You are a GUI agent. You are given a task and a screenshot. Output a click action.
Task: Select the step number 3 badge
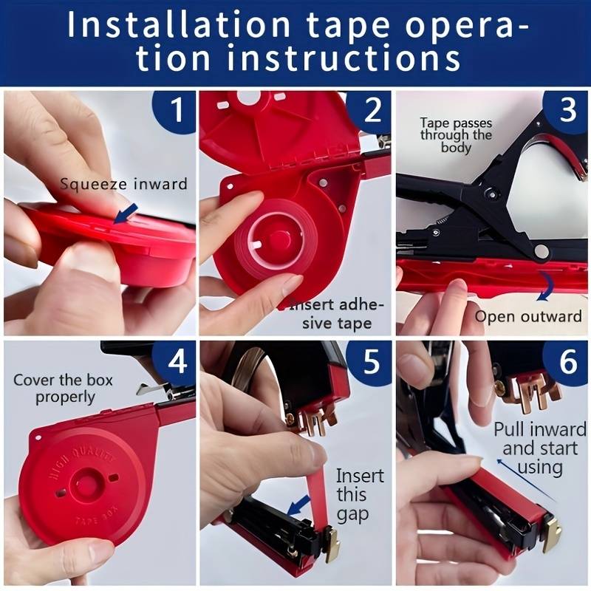click(567, 110)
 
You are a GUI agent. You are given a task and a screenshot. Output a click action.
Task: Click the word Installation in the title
click(178, 24)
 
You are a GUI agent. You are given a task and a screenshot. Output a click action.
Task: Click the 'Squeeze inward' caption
click(123, 184)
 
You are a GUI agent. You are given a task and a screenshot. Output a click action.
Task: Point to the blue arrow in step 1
click(126, 213)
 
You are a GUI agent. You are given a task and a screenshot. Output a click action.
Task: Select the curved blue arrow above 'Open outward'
click(545, 287)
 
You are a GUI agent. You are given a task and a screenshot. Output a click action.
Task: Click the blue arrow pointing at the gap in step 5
click(299, 505)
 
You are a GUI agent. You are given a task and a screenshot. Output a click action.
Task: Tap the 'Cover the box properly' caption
click(63, 389)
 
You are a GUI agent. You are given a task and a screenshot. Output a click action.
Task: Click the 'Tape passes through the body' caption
click(456, 135)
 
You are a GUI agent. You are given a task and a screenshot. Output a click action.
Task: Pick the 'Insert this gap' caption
click(360, 495)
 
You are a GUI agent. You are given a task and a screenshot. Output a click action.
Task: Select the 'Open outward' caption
click(528, 316)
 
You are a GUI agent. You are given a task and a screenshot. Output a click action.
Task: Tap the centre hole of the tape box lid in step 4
click(87, 482)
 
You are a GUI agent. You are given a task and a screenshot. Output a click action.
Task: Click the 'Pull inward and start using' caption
click(540, 448)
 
